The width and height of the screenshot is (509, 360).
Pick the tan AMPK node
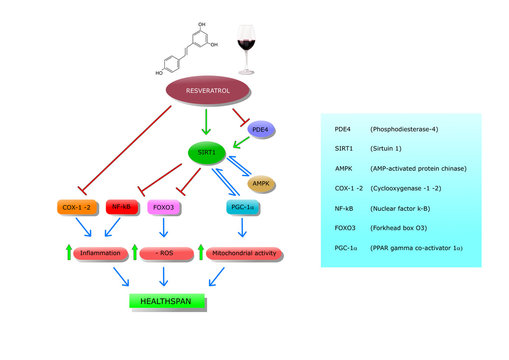pyautogui.click(x=260, y=184)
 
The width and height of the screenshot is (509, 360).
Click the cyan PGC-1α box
pyautogui.click(x=239, y=208)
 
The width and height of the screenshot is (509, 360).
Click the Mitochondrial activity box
pyautogui.click(x=245, y=254)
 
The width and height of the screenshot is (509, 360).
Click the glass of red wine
pyautogui.click(x=246, y=49)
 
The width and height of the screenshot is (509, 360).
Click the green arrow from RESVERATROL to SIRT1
pyautogui.click(x=204, y=122)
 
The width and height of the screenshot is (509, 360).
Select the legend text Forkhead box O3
pyautogui.click(x=401, y=225)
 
